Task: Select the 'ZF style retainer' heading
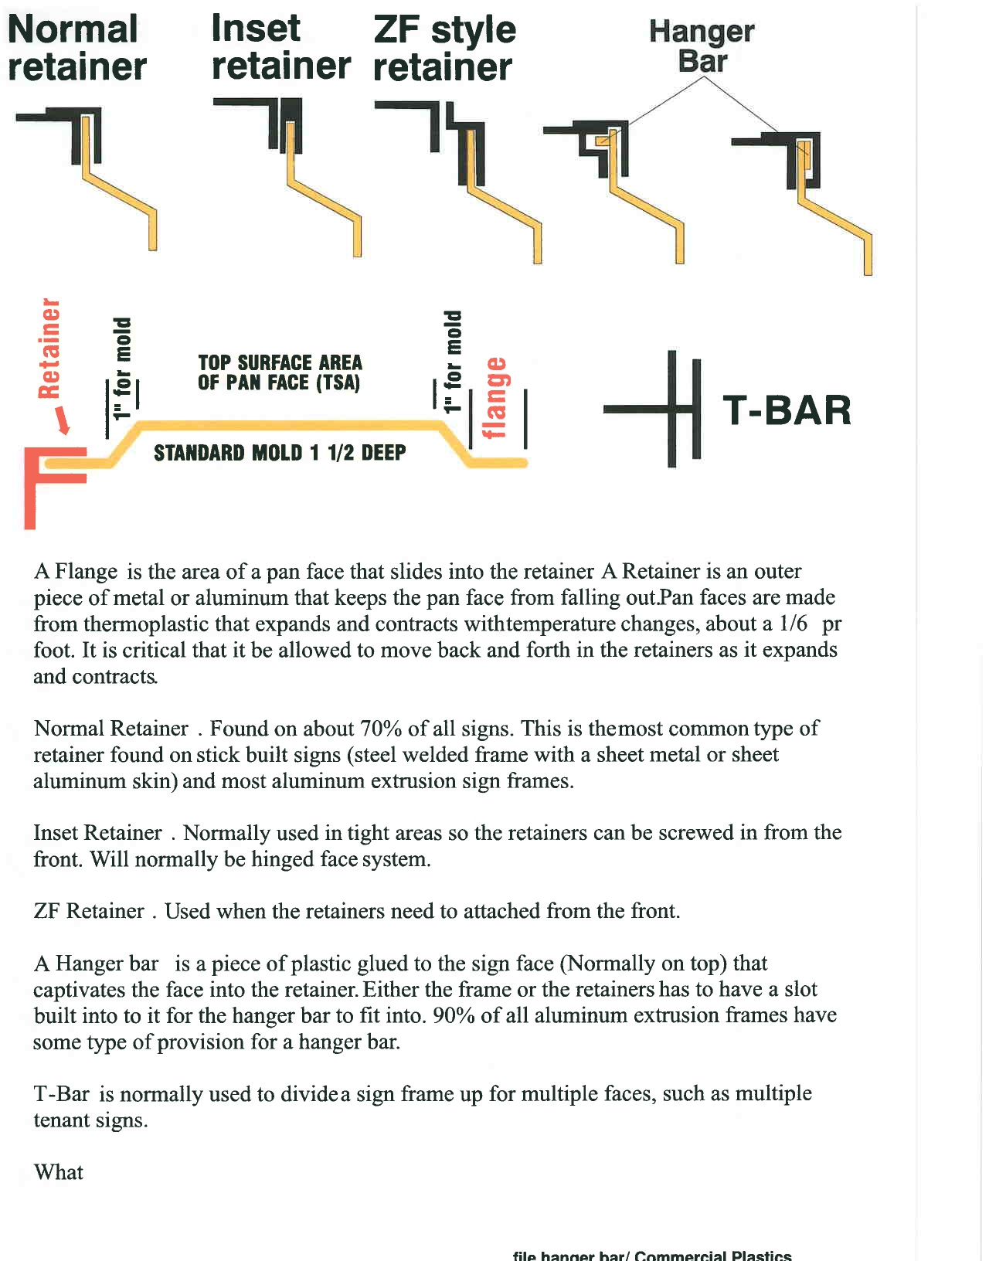(444, 48)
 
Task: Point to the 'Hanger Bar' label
(702, 46)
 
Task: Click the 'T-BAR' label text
(787, 410)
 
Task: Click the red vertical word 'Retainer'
(49, 348)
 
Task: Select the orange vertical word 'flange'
(495, 397)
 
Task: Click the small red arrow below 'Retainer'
(63, 421)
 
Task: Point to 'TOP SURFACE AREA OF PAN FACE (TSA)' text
(280, 372)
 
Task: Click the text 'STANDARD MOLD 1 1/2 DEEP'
(280, 453)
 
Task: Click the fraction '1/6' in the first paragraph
(793, 624)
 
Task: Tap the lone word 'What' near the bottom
(59, 1172)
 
